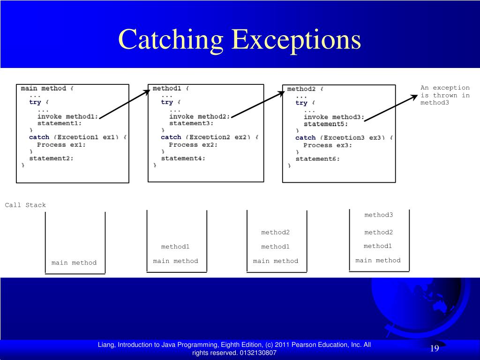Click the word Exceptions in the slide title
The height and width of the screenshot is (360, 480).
(x=296, y=39)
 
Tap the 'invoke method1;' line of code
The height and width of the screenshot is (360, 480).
(x=68, y=116)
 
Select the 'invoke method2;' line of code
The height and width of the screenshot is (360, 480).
(x=200, y=116)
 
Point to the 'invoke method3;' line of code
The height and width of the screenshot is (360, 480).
(x=334, y=117)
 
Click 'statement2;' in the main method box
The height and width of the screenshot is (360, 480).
(x=51, y=158)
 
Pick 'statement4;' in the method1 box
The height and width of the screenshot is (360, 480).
(x=183, y=158)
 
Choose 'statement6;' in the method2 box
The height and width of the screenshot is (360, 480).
(x=317, y=159)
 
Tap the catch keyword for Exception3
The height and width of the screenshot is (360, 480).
(x=305, y=138)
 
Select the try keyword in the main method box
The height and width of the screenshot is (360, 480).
(x=35, y=102)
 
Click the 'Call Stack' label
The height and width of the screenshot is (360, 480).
(x=25, y=205)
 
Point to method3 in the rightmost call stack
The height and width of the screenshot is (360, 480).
(x=379, y=215)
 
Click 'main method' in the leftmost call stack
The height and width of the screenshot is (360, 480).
(x=74, y=262)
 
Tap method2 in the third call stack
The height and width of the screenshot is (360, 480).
(x=276, y=232)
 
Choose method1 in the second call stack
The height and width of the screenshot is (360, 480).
(x=175, y=247)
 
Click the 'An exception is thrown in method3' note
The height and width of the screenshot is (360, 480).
(x=445, y=95)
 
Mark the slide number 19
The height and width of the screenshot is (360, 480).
(x=434, y=348)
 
